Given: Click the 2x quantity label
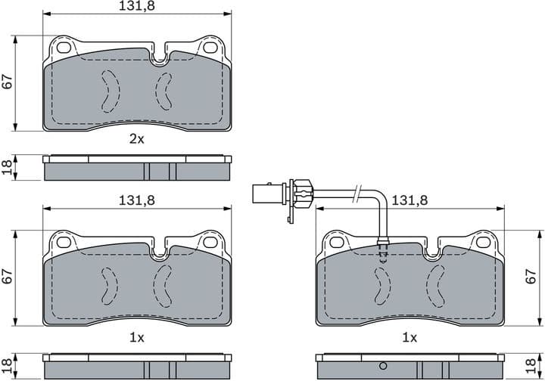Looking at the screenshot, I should [x=136, y=140].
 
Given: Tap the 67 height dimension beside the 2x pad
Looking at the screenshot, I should [x=8, y=82].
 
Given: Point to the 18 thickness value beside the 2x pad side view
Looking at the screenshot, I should [x=8, y=168].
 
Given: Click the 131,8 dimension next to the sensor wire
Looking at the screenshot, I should [x=410, y=200].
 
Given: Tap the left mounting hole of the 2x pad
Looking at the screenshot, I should [x=64, y=47].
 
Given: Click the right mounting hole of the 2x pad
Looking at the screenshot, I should [x=210, y=47].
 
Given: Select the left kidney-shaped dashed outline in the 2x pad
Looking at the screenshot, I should [x=110, y=89].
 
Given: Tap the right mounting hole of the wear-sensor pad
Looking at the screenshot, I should [x=482, y=243].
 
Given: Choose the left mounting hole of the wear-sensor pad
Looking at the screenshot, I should [x=336, y=243].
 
